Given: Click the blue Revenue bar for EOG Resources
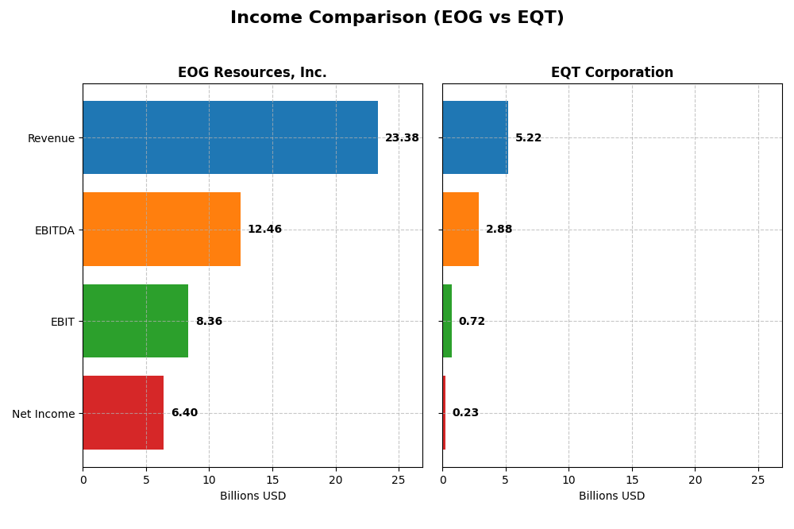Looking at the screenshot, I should (x=230, y=137).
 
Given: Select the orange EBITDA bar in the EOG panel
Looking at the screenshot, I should (x=161, y=230).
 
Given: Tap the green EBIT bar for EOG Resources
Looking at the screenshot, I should (x=136, y=321).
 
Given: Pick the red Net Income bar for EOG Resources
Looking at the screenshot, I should (x=123, y=413).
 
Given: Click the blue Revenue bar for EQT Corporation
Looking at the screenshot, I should (x=475, y=137).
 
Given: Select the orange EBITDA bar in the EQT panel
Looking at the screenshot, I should (x=461, y=230).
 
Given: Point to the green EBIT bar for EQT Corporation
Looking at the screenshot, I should (x=447, y=321).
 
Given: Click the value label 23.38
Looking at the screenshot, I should (x=402, y=138).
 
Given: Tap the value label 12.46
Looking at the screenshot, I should (x=264, y=230).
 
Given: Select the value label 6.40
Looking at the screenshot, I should (x=184, y=413).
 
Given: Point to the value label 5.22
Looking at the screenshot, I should (x=528, y=138).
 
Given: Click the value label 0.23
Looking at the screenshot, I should (x=465, y=413).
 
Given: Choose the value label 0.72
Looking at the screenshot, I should (x=472, y=322).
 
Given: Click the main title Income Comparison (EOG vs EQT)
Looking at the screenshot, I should (x=397, y=17).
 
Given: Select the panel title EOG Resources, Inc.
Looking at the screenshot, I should (x=252, y=73).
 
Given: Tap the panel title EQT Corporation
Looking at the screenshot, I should (x=612, y=73).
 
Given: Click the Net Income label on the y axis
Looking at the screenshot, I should (x=43, y=414).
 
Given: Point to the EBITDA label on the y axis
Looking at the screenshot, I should (x=54, y=230).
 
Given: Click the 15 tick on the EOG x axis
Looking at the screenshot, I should (x=272, y=480).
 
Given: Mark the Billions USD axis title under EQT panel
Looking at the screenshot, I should (x=612, y=496).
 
